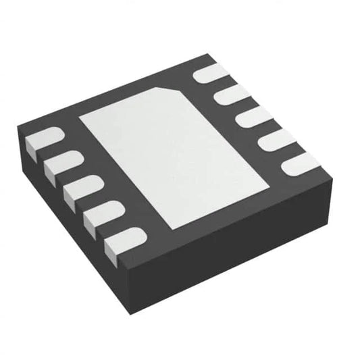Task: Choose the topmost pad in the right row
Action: coord(209,74)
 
